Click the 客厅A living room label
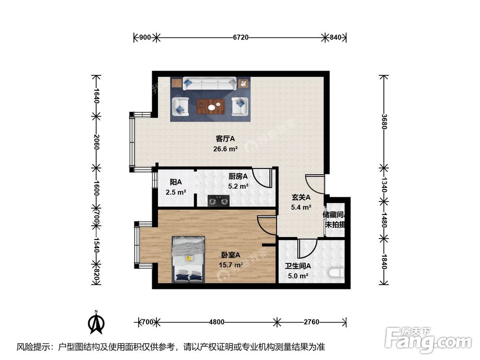tap(225, 139)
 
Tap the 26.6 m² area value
tap(225, 149)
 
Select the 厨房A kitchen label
tap(238, 176)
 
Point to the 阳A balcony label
tap(176, 182)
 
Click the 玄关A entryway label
tap(301, 197)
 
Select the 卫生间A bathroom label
tap(298, 266)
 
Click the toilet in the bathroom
tap(338, 274)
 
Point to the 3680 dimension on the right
tap(383, 121)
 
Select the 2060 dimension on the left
tap(96, 142)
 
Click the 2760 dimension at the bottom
tap(311, 322)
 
